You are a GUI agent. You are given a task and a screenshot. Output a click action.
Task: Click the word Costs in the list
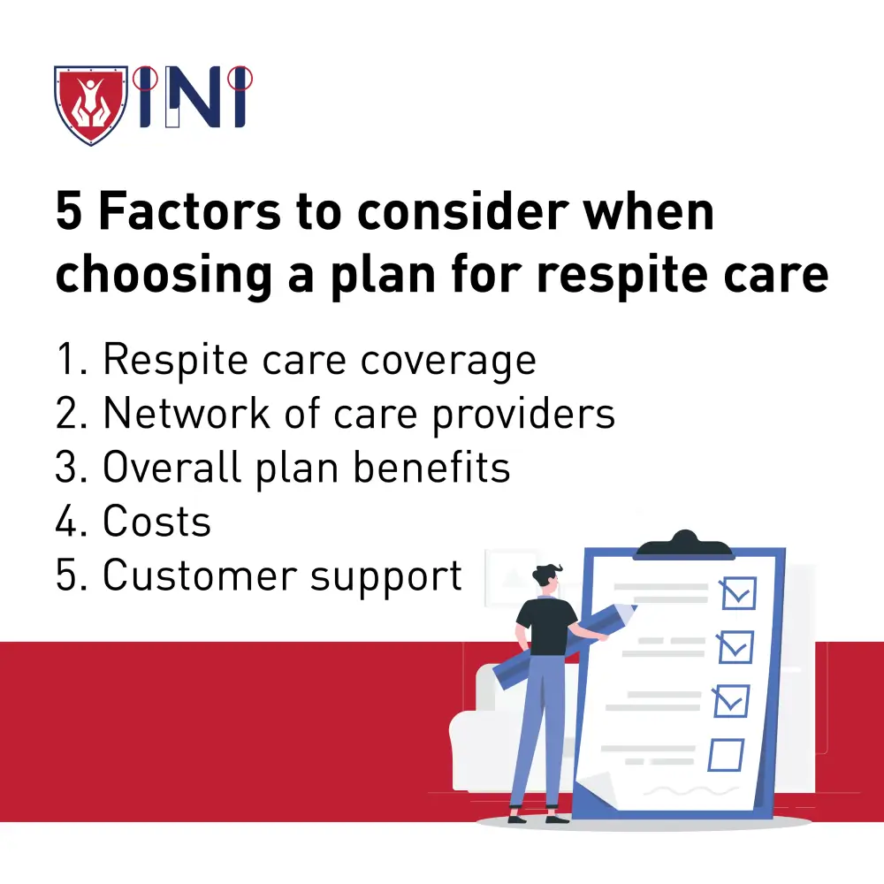(157, 522)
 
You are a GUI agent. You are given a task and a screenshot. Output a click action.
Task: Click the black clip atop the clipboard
(683, 545)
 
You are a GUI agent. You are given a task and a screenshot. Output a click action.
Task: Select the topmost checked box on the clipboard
(738, 592)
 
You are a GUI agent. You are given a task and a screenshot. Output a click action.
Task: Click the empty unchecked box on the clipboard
(726, 754)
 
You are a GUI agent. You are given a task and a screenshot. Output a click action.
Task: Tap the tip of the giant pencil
(632, 611)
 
